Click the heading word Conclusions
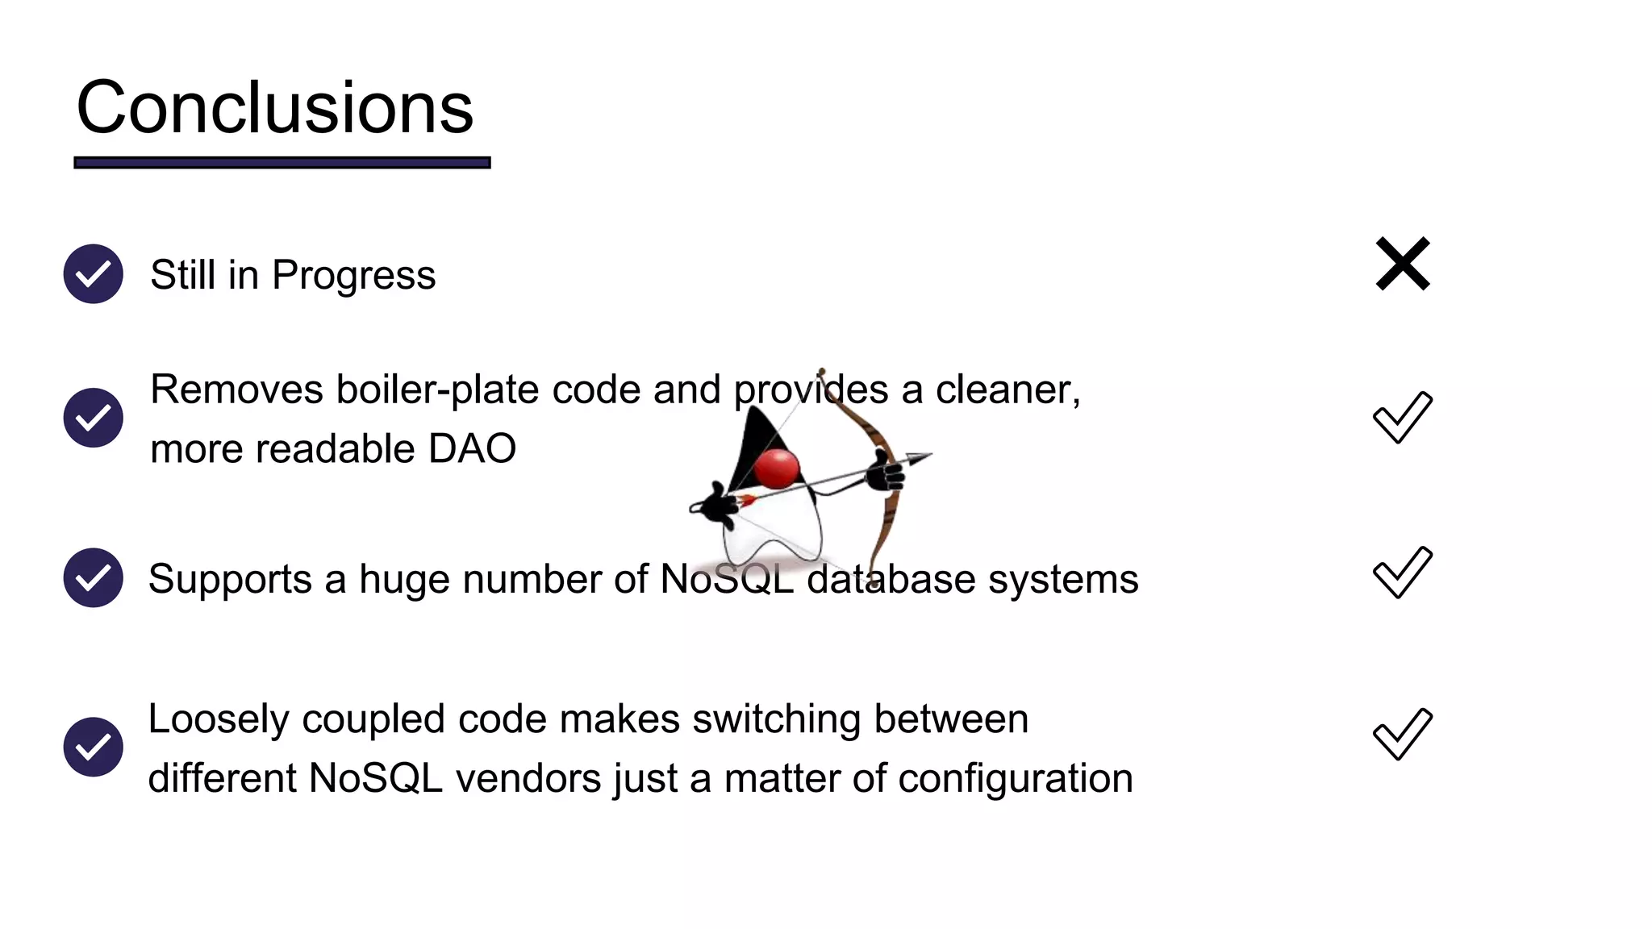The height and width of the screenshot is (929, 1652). point(274,108)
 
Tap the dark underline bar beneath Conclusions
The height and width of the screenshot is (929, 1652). point(282,163)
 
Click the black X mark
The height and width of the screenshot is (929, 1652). point(1403,264)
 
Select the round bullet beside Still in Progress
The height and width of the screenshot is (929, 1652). point(94,274)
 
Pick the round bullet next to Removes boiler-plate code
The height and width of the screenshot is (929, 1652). point(94,418)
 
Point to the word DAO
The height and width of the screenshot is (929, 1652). point(472,448)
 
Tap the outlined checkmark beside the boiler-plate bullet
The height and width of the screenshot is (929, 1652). point(1402,417)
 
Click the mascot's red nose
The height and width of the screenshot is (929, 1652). point(776,469)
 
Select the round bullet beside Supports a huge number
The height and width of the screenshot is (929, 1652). point(94,577)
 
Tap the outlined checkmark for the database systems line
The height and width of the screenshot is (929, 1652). point(1402,573)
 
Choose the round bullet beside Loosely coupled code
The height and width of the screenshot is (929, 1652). point(94,747)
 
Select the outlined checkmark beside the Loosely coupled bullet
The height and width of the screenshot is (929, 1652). point(1402,734)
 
